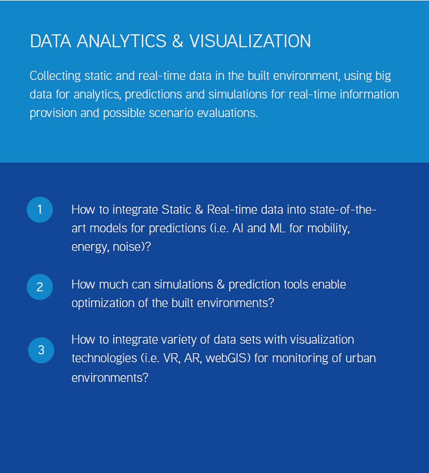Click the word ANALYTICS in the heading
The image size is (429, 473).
[x=121, y=41]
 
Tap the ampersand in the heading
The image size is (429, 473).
[x=177, y=41]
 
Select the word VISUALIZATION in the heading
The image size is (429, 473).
[x=250, y=41]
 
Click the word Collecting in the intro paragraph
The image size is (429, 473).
[x=55, y=76]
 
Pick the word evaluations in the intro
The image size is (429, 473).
[x=228, y=113]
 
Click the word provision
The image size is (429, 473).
[x=53, y=114]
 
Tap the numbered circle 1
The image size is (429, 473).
[x=40, y=210]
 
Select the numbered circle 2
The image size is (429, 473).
[x=40, y=287]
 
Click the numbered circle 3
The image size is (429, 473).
[x=41, y=350]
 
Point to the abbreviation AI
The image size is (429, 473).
[x=238, y=228]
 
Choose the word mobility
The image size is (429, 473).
[x=328, y=229]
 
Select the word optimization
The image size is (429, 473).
[x=103, y=304]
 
